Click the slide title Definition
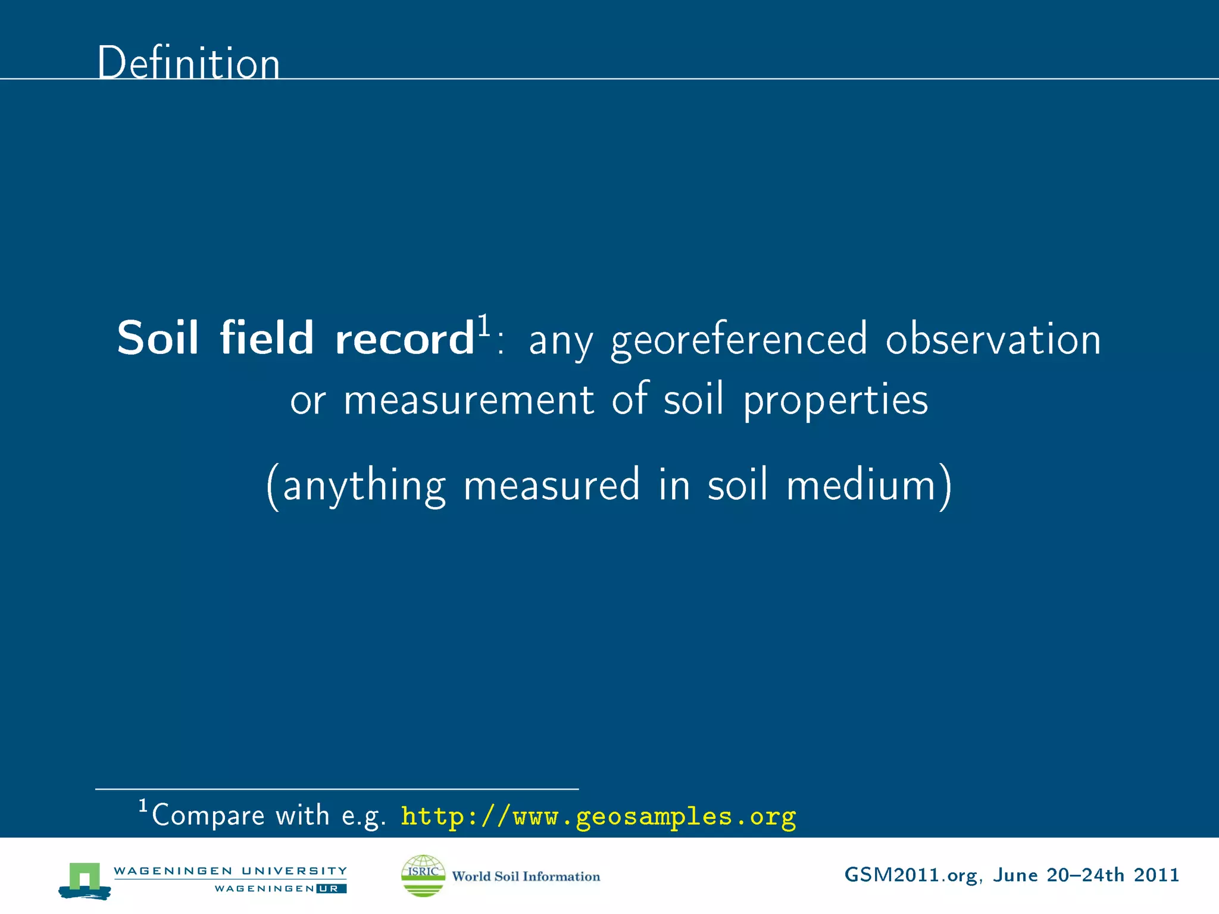[188, 62]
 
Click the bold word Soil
[157, 338]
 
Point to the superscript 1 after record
[484, 325]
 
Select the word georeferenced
[739, 339]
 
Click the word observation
[993, 339]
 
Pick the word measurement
[468, 399]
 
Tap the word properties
[835, 400]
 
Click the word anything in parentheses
[364, 486]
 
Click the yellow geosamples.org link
[598, 816]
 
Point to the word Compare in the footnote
[208, 816]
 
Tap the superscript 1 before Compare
[143, 806]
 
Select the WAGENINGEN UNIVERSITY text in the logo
[230, 871]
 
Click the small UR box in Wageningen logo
[332, 889]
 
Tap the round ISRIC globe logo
[423, 875]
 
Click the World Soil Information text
[526, 876]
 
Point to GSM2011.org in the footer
[911, 875]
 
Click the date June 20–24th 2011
[1086, 875]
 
